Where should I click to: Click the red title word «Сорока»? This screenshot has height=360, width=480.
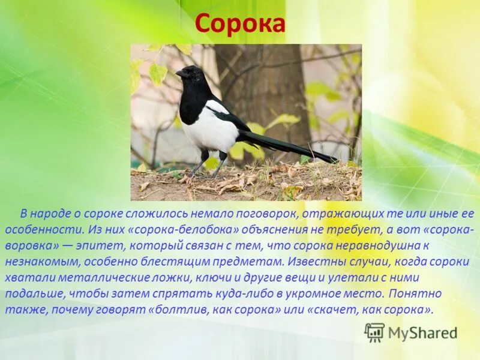(x=239, y=24)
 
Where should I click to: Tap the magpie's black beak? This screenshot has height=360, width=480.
(x=180, y=73)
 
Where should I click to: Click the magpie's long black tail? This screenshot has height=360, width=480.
(x=288, y=146)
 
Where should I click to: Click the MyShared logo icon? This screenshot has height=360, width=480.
(x=374, y=332)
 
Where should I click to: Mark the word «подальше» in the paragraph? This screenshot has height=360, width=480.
(x=35, y=295)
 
